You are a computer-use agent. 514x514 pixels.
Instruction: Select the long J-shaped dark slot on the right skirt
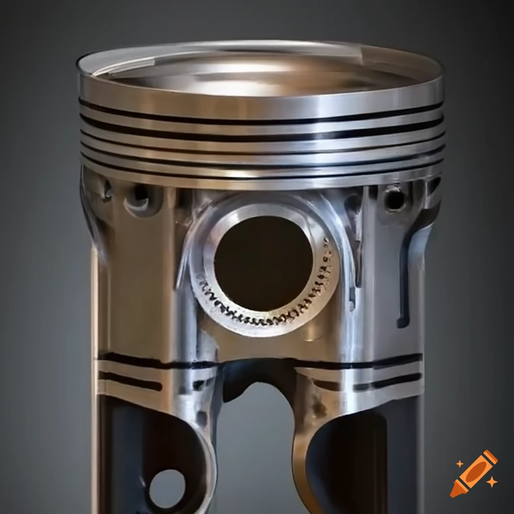pos(408,281)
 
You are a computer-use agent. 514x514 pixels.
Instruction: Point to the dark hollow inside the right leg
pos(351,462)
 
